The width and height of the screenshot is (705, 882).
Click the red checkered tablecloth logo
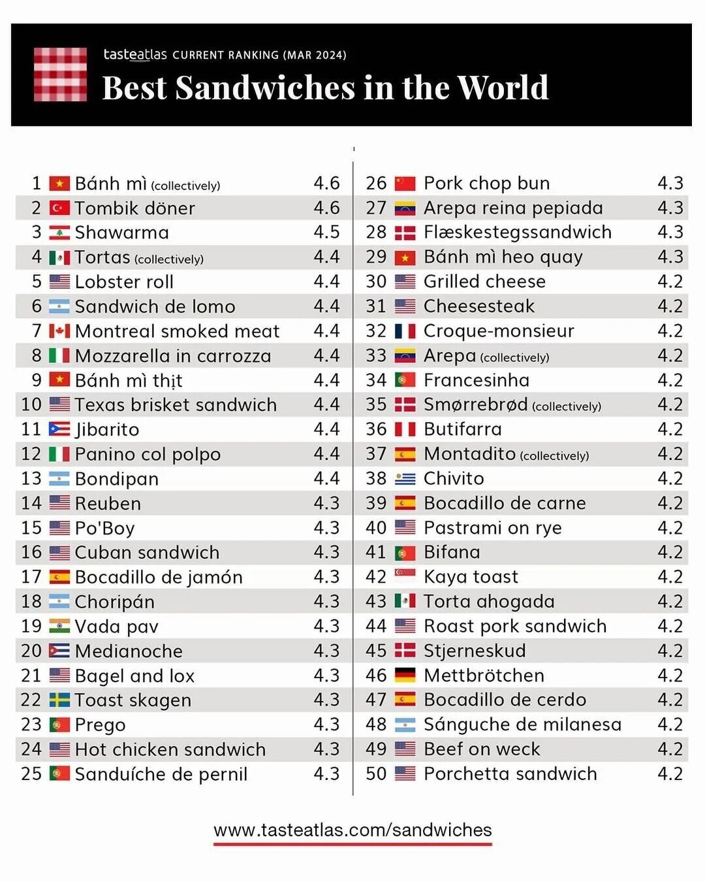coord(60,74)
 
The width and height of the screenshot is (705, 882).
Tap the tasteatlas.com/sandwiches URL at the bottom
coord(352,830)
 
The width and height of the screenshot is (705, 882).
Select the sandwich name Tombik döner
coord(134,208)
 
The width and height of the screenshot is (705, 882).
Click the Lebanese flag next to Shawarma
coord(59,233)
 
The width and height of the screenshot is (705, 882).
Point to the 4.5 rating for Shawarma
coord(326,233)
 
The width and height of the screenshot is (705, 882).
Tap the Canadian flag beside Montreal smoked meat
coord(59,331)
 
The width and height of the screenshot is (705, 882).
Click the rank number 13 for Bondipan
coord(31,479)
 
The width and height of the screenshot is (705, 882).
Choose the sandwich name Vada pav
coord(116,627)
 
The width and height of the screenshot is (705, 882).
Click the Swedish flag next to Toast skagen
coord(59,700)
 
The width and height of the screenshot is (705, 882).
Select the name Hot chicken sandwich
coord(170,749)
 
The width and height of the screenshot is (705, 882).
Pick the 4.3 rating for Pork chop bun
coord(670,184)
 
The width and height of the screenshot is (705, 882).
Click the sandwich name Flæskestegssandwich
coord(518,233)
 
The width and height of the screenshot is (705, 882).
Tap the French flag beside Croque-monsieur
coord(405,331)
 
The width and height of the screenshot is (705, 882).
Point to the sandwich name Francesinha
coord(477,380)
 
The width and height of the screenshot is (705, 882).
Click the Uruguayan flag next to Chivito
coord(405,479)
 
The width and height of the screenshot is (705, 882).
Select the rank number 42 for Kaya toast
coord(376,577)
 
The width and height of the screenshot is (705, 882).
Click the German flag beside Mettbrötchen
coord(405,676)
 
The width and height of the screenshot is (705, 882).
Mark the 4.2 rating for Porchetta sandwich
coord(670,774)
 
